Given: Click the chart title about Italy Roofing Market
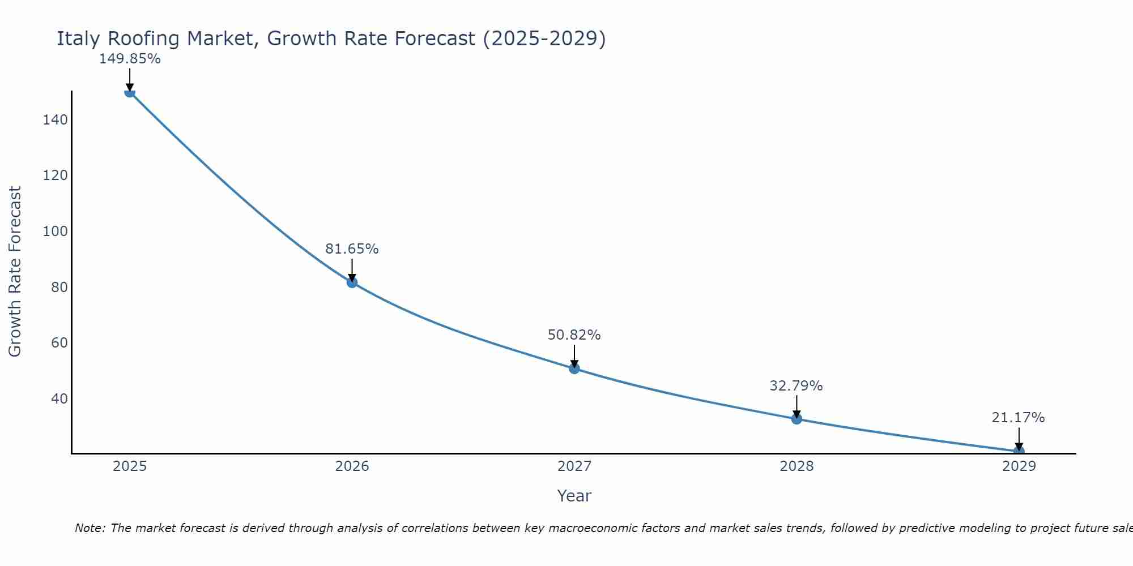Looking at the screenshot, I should (x=331, y=38).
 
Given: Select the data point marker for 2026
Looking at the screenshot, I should (x=352, y=282).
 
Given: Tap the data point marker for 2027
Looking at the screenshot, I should (x=574, y=368).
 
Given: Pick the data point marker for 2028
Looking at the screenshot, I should (x=796, y=419).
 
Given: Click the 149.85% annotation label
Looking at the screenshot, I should (x=130, y=59).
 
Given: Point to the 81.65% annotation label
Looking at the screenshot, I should (x=352, y=249).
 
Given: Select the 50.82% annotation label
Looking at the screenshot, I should (x=574, y=335).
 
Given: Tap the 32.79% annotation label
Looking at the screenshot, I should (x=796, y=386).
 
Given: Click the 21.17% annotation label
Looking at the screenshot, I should (x=1018, y=418).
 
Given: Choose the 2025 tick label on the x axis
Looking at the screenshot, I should (x=130, y=466).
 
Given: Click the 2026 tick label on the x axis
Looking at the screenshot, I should (x=352, y=466).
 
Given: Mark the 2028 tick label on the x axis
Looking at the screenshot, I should (x=796, y=466).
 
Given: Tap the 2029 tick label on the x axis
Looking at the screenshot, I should (x=1019, y=466).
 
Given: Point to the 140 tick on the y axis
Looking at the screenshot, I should (x=55, y=119).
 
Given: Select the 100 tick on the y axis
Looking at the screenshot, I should (x=55, y=231).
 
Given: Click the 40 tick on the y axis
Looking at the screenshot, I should (x=59, y=398).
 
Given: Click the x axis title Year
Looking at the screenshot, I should (x=574, y=496).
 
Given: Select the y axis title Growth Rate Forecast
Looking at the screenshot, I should (x=15, y=271).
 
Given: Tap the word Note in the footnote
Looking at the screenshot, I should (x=90, y=528).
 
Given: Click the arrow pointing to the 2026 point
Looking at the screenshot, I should (x=352, y=269).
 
